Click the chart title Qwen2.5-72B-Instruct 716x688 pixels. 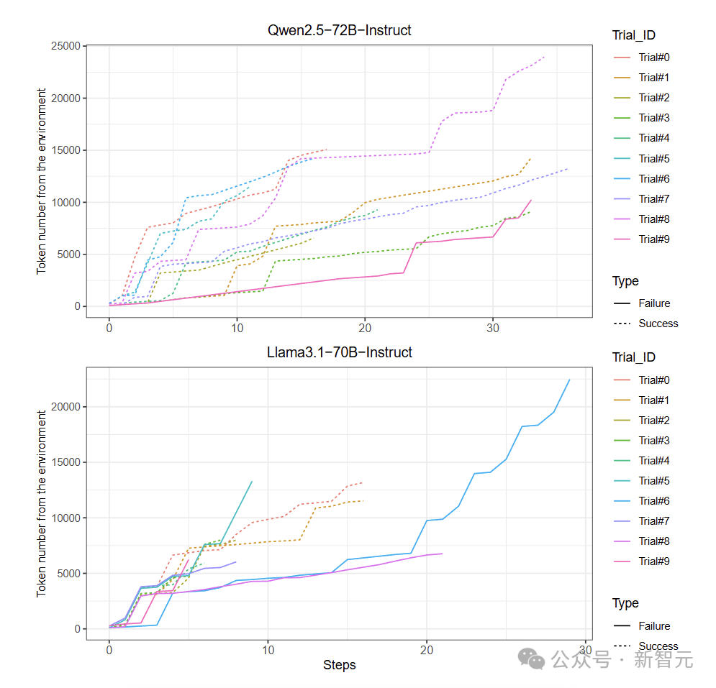339,30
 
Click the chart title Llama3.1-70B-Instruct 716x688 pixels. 339,352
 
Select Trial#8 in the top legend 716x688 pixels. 654,219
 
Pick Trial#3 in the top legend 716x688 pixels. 654,118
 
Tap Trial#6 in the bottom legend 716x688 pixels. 654,500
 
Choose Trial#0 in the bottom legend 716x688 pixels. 654,380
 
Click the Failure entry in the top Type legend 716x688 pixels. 654,303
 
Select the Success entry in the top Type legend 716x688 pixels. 658,324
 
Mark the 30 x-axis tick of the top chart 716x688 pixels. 492,326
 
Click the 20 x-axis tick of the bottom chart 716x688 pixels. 426,649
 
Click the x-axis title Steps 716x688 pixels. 339,665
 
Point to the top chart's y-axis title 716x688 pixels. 42,180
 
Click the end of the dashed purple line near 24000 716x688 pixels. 544,57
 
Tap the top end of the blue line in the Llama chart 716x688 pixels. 569,380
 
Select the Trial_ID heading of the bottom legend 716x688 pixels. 633,357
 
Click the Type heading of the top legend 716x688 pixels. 625,281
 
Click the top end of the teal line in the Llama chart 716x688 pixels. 252,482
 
